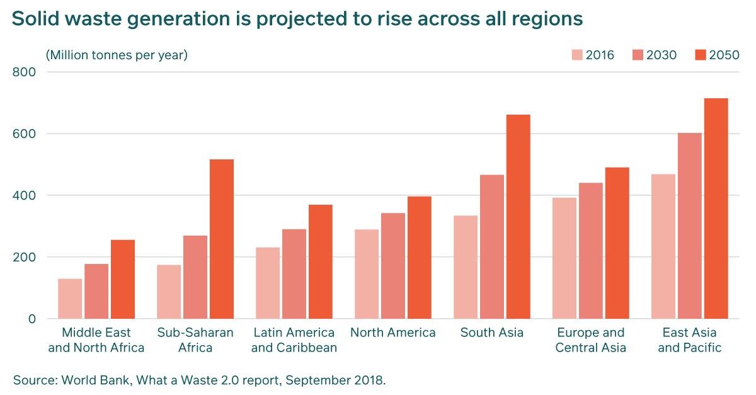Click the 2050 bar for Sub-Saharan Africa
tap(222, 239)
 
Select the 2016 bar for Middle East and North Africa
tap(70, 299)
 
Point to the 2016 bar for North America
tap(367, 274)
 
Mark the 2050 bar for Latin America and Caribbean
tap(321, 261)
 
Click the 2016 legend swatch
tap(577, 55)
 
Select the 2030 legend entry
tap(655, 55)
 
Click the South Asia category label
tap(492, 333)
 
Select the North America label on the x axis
tap(393, 333)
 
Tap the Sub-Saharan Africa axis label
tap(195, 340)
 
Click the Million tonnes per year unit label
tap(117, 55)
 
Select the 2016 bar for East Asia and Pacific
tap(663, 246)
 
